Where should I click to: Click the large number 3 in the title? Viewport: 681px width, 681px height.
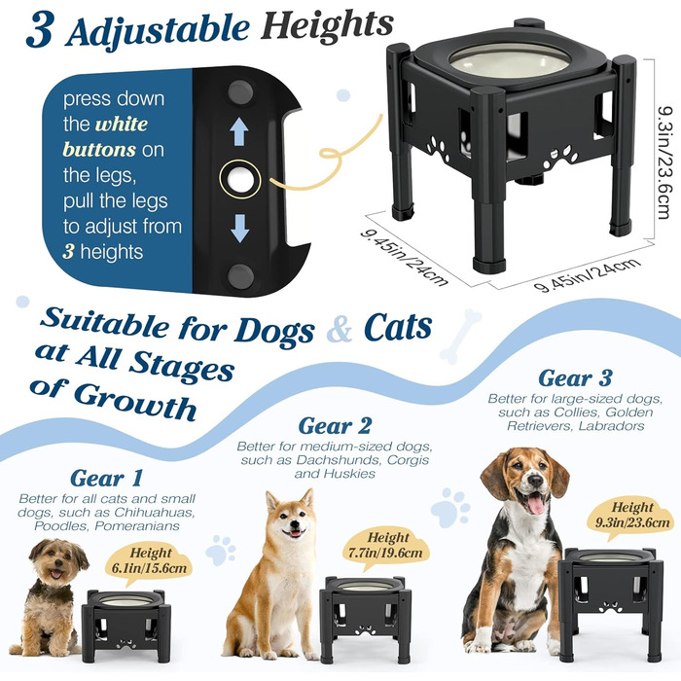[41, 29]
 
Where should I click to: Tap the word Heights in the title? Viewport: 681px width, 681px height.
[327, 25]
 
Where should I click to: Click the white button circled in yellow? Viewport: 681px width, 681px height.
[239, 179]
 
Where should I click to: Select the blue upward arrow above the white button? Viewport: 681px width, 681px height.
[239, 132]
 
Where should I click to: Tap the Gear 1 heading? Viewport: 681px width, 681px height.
[106, 479]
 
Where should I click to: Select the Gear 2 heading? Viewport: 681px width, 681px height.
[335, 426]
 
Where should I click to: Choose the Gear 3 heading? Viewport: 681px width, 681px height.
[575, 378]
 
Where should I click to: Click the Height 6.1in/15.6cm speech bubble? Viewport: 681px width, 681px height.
[149, 562]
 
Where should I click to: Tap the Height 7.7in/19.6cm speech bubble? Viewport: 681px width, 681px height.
[385, 547]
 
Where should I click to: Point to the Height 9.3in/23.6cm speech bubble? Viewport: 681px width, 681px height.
[631, 516]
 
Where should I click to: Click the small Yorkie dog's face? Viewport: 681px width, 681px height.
[57, 561]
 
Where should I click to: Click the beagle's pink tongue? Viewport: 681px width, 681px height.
[536, 505]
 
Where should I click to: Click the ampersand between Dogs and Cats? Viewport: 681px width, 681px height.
[340, 330]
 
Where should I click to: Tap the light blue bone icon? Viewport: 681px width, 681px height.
[460, 337]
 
